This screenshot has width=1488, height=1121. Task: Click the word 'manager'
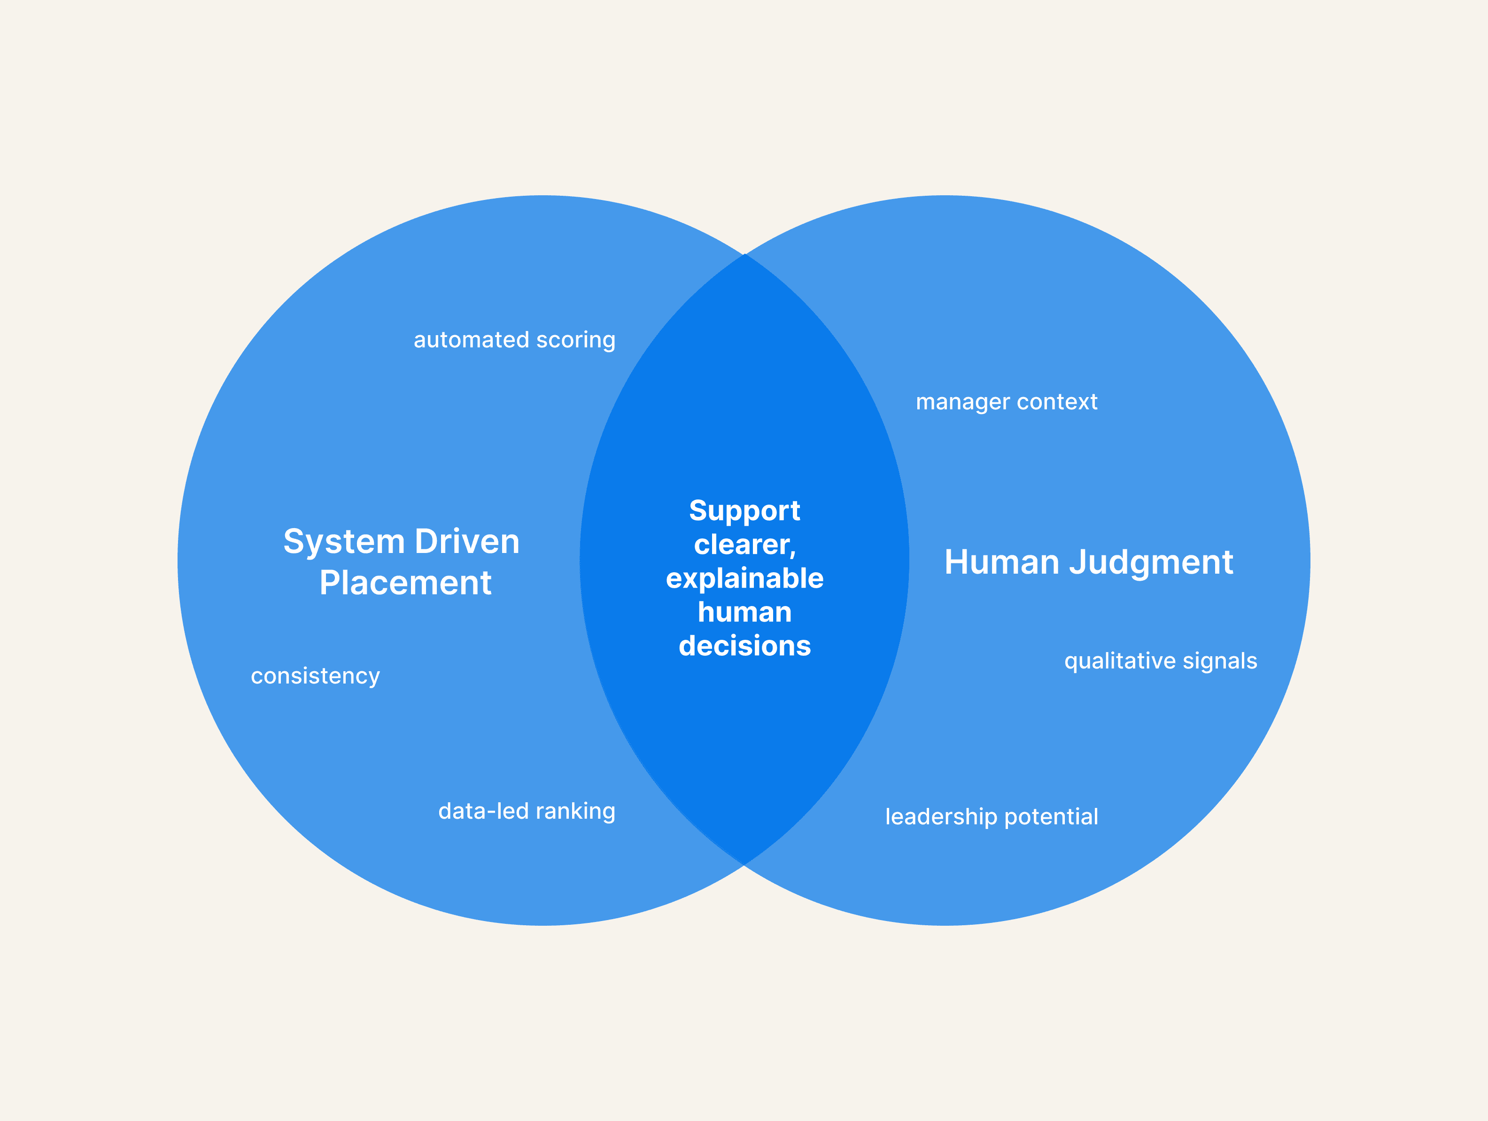[962, 403]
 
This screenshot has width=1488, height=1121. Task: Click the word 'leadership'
[940, 817]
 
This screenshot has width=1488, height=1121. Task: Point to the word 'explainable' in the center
[744, 579]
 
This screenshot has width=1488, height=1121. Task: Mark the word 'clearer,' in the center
[744, 545]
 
